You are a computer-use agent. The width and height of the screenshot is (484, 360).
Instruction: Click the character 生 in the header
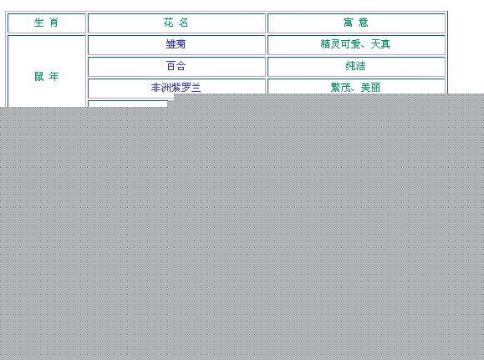click(39, 23)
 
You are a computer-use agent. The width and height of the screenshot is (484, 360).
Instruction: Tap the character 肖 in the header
click(54, 23)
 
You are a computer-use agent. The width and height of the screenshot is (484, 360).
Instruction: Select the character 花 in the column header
click(169, 23)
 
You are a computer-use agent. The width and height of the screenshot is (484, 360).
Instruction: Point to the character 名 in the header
click(184, 23)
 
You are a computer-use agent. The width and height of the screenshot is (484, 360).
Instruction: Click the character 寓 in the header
click(349, 23)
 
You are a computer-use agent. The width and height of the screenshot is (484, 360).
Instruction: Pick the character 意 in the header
click(364, 23)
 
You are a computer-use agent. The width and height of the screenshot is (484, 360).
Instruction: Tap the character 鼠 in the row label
click(39, 76)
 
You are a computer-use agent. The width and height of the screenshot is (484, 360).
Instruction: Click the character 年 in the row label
click(54, 76)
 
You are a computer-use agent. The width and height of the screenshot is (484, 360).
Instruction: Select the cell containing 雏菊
click(176, 45)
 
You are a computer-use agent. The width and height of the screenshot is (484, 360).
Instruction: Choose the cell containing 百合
click(176, 67)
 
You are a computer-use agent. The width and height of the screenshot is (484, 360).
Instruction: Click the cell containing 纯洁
click(356, 67)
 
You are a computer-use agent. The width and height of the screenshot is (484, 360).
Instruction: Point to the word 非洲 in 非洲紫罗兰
click(161, 88)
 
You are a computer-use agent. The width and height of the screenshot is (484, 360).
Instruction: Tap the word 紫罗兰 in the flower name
click(186, 88)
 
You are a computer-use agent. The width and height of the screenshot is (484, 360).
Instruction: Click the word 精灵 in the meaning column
click(330, 44)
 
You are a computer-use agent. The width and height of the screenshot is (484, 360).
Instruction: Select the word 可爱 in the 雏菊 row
click(350, 44)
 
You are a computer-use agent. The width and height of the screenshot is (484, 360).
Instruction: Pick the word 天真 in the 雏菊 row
click(380, 44)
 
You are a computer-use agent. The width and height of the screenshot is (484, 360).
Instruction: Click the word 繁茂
click(341, 88)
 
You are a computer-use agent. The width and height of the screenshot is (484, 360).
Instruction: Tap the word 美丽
click(370, 88)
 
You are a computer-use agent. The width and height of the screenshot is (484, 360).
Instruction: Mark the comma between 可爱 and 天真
click(364, 48)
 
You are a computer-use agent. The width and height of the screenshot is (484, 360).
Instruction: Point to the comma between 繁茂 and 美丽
click(354, 91)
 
